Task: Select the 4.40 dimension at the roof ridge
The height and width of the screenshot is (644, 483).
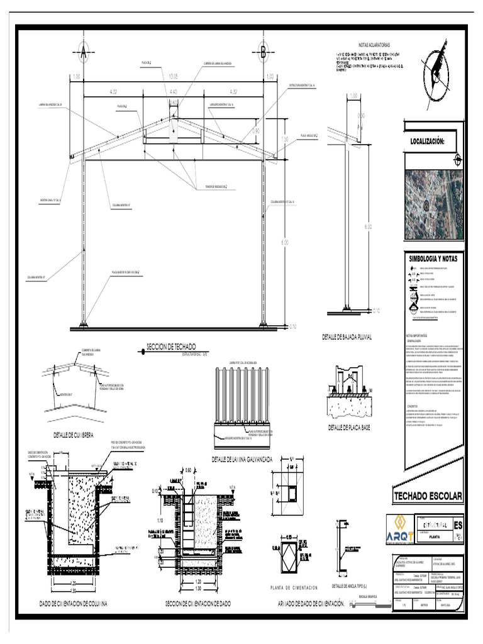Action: pyautogui.click(x=174, y=92)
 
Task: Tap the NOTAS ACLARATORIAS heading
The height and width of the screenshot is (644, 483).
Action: pyautogui.click(x=374, y=45)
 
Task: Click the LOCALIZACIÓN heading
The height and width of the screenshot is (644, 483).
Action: pyautogui.click(x=427, y=142)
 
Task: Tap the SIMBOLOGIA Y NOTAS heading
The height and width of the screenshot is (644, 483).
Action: pyautogui.click(x=433, y=258)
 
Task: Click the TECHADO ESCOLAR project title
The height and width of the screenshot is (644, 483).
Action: pyautogui.click(x=428, y=497)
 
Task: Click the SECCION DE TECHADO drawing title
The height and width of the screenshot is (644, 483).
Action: pyautogui.click(x=170, y=347)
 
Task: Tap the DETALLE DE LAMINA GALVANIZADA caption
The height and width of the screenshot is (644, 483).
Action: pyautogui.click(x=242, y=459)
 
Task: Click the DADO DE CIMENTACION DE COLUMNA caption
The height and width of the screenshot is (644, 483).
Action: pyautogui.click(x=74, y=604)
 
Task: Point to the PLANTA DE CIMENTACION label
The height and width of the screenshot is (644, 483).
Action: pyautogui.click(x=293, y=587)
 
